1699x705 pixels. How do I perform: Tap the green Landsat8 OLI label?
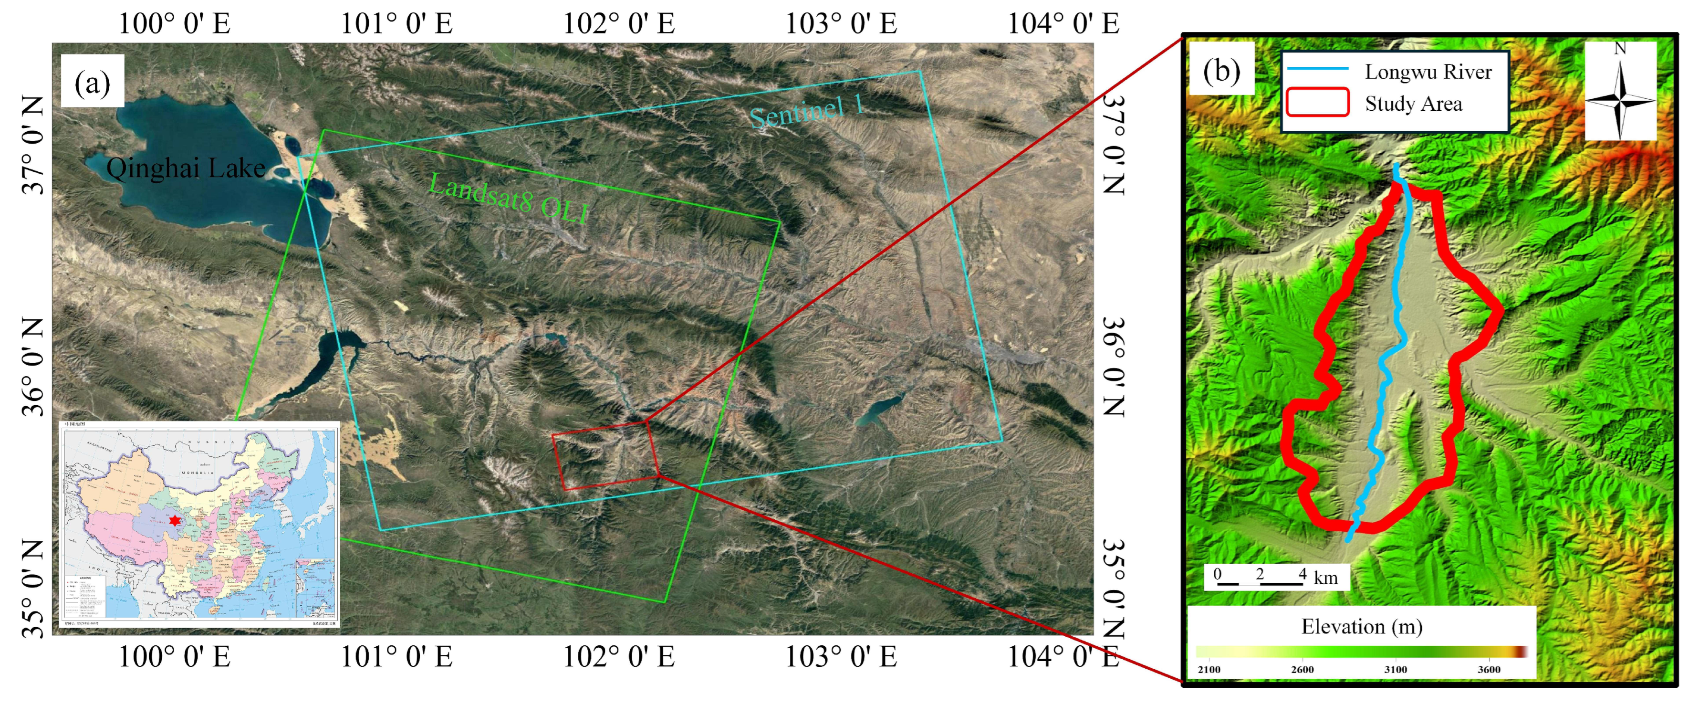[x=508, y=198]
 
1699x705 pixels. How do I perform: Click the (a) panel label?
[x=93, y=83]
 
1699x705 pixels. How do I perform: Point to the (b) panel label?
[x=1221, y=70]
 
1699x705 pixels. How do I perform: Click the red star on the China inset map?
[x=174, y=521]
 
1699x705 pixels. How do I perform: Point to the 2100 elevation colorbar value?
[x=1209, y=669]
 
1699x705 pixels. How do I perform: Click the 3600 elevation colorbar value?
[x=1489, y=669]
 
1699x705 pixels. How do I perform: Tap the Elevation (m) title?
[x=1361, y=626]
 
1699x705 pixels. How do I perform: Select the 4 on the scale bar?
[x=1302, y=574]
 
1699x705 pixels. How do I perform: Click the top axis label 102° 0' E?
[x=619, y=24]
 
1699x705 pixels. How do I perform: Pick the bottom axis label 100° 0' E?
[x=174, y=657]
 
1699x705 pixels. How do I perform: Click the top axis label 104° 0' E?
[x=1063, y=24]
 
